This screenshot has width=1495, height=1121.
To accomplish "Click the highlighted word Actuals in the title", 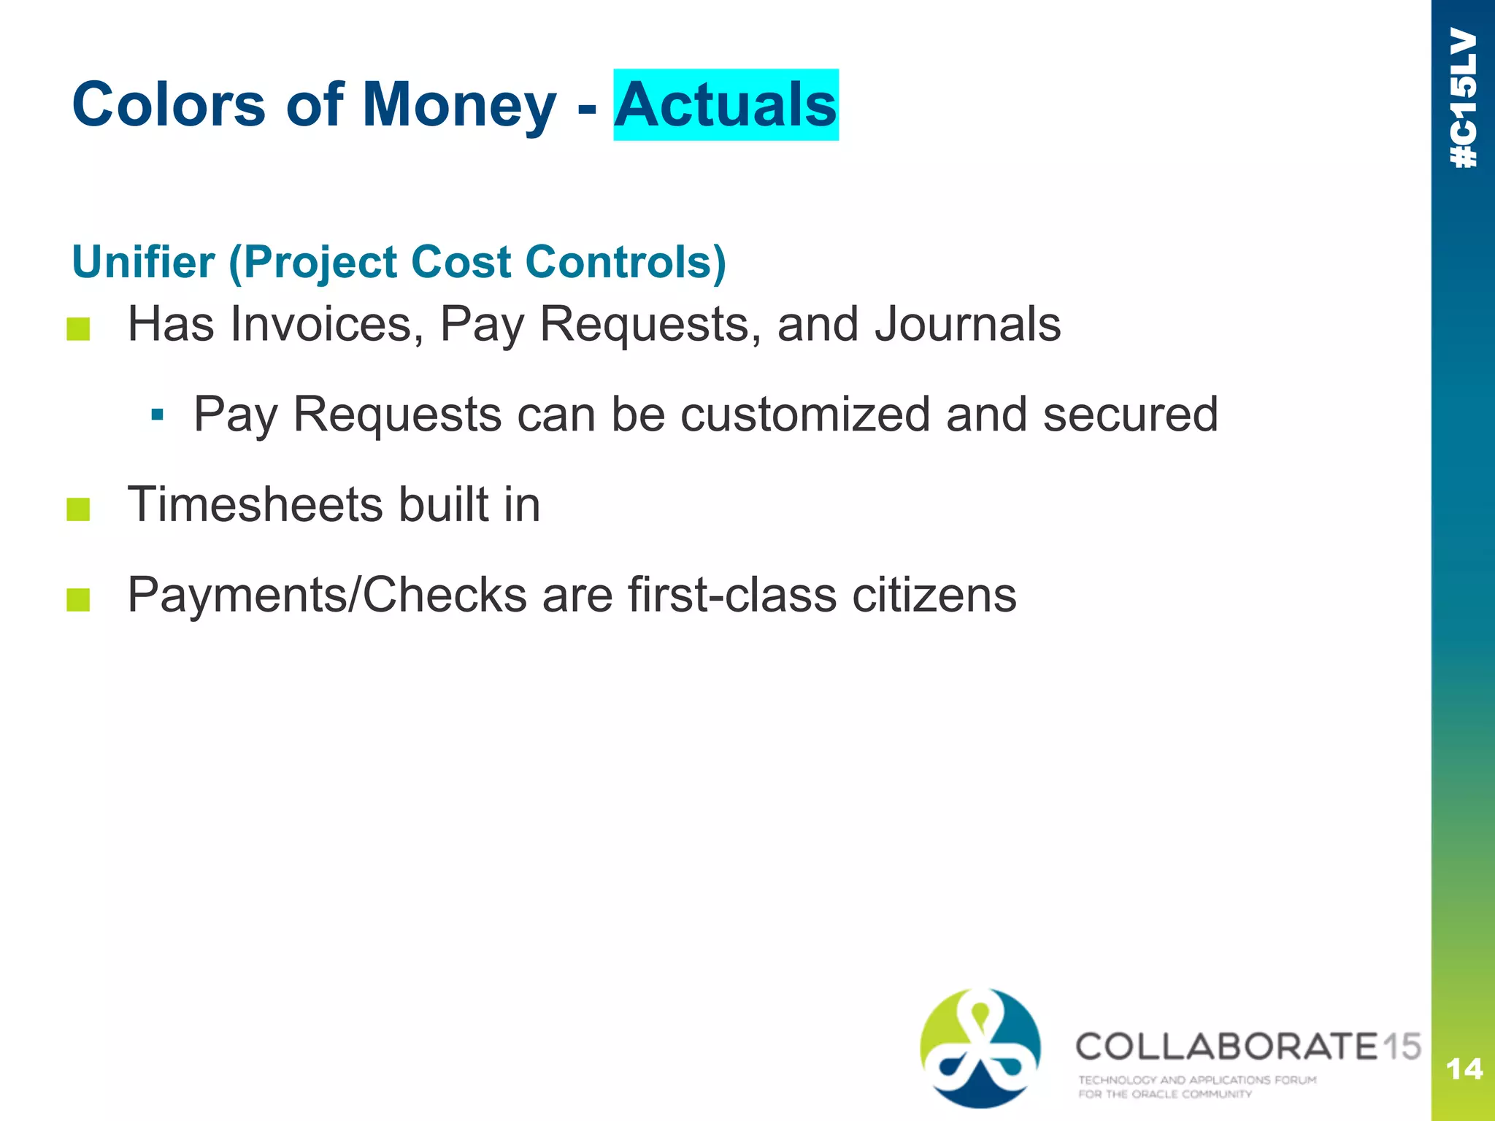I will click(x=726, y=105).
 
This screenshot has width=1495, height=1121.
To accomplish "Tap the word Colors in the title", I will click(x=169, y=105).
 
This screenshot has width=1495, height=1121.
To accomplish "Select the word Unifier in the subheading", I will click(x=143, y=262).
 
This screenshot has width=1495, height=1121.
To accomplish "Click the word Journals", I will click(x=968, y=324).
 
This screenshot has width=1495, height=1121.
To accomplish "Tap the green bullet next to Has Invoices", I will click(x=78, y=329).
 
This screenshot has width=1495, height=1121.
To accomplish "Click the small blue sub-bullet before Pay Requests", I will click(x=156, y=415).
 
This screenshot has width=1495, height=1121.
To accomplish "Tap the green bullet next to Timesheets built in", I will click(x=78, y=509).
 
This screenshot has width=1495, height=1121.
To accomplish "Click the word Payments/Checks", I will click(x=327, y=595).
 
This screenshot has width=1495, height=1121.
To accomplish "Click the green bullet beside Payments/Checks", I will click(x=78, y=600).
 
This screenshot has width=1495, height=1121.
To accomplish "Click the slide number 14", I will click(x=1464, y=1070).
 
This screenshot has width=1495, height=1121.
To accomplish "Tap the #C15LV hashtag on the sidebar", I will click(x=1464, y=99).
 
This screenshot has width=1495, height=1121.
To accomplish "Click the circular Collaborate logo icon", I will click(x=980, y=1048).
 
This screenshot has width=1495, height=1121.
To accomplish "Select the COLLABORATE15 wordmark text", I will click(x=1247, y=1046).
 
